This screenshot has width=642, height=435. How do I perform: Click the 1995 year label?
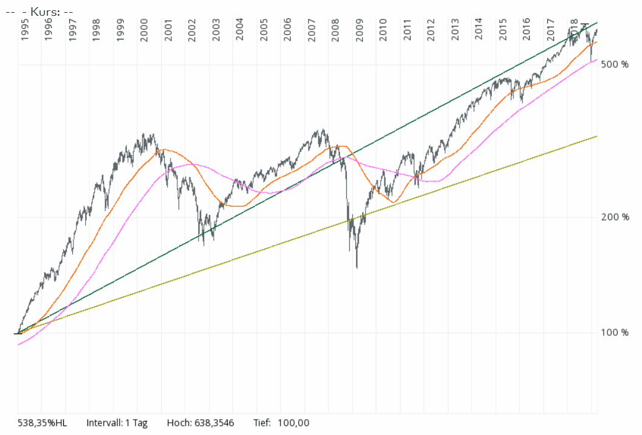(25, 29)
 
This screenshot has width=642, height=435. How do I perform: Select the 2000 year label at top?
(144, 29)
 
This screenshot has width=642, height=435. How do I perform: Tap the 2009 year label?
(359, 29)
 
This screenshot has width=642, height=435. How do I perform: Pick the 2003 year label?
(216, 29)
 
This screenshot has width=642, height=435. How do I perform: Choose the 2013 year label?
(455, 29)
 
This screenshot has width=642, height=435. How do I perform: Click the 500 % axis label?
(614, 64)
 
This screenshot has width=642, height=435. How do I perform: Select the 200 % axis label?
(614, 217)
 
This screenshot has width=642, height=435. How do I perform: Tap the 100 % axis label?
(614, 332)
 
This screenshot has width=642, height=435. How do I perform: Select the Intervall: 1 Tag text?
(117, 423)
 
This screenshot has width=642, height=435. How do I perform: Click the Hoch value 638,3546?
(214, 423)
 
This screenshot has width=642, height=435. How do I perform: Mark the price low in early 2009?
(357, 267)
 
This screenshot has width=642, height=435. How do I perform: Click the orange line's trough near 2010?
(394, 202)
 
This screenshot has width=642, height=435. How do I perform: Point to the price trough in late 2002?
(203, 245)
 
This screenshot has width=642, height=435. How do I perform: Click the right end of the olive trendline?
(597, 136)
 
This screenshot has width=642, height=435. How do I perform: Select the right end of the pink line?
(597, 60)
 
